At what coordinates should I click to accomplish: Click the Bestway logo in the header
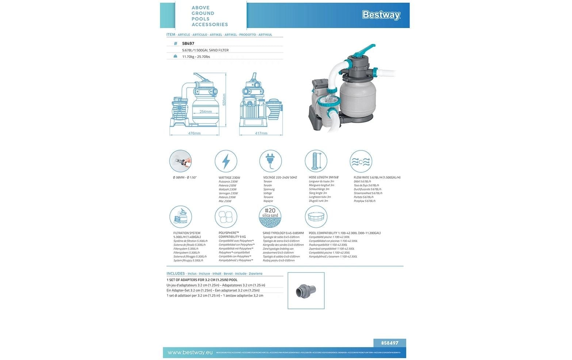click(x=381, y=15)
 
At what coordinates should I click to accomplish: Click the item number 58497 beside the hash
click(x=188, y=43)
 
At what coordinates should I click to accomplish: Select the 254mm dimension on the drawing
click(x=206, y=112)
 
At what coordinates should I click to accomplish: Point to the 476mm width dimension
click(x=194, y=133)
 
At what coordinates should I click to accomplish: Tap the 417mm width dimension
click(x=261, y=133)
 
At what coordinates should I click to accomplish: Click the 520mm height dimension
click(x=225, y=99)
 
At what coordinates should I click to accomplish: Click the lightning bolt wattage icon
click(x=226, y=161)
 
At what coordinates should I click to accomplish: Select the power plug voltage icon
click(x=271, y=161)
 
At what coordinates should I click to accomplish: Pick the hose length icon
click(x=316, y=161)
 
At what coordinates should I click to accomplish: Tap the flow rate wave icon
click(x=361, y=161)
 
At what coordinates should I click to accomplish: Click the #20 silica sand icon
click(x=270, y=217)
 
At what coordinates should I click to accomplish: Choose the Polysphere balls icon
click(x=226, y=217)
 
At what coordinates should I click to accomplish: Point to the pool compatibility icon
click(x=316, y=217)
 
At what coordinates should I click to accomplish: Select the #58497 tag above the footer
click(x=390, y=343)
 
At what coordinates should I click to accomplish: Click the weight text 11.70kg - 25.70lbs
click(x=196, y=57)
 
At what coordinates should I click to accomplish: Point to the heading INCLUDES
click(x=176, y=273)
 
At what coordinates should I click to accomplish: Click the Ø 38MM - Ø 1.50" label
click(x=185, y=177)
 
